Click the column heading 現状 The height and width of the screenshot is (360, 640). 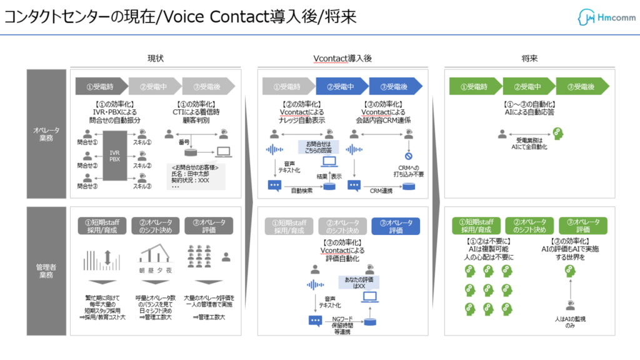coord(156,58)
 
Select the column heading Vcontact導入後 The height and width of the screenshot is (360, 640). coord(342,58)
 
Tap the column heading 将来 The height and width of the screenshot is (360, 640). coord(530,58)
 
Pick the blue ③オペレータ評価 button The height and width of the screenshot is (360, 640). coord(396,226)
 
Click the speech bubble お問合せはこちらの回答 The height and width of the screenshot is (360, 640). coord(319,147)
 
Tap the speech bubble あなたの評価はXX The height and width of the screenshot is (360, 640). coord(356,282)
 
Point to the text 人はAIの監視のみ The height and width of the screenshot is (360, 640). coord(569,322)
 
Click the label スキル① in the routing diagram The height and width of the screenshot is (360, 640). coord(146,142)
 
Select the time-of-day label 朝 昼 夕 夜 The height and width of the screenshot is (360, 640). coord(156,271)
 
